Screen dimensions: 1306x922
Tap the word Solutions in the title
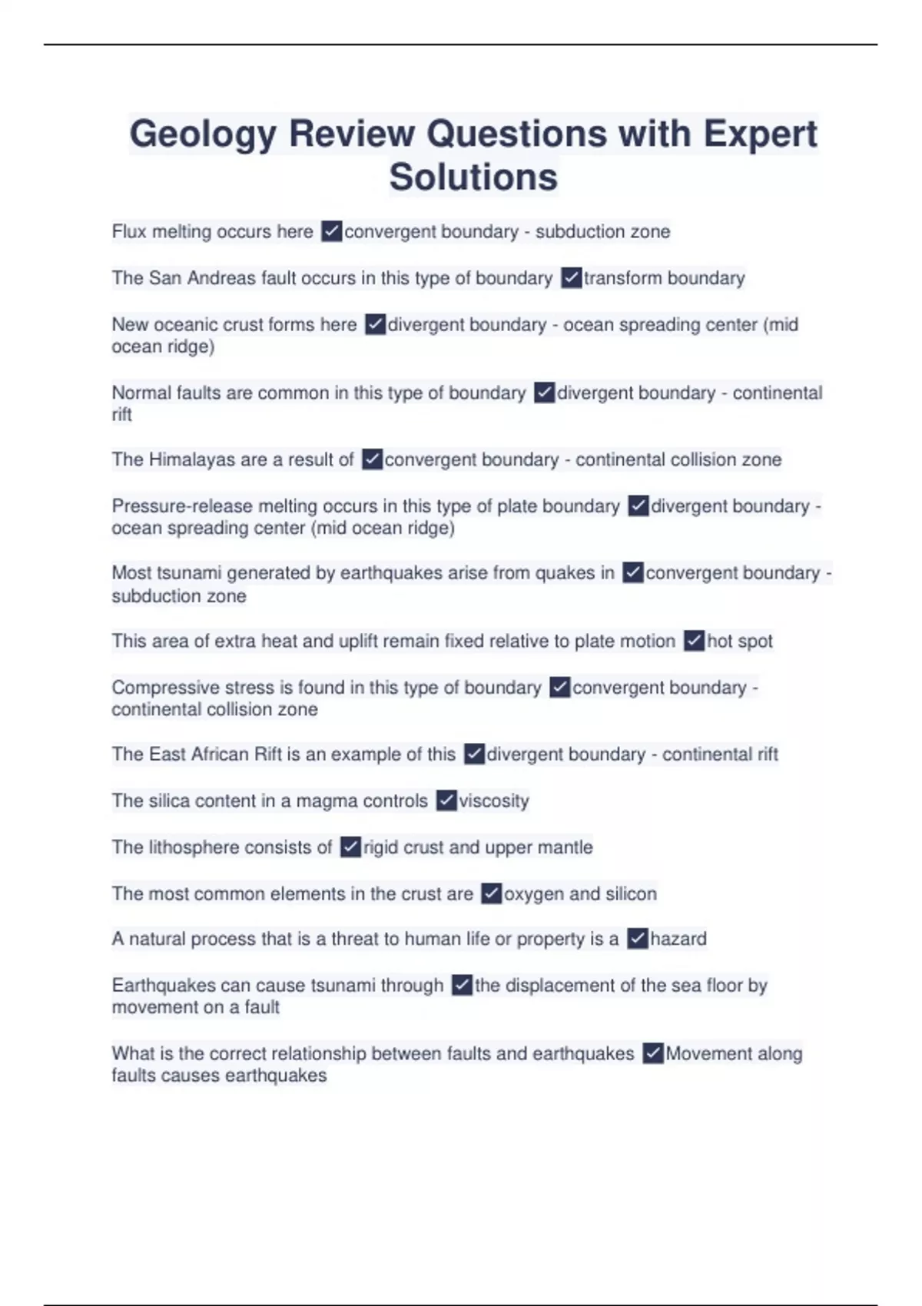click(x=473, y=177)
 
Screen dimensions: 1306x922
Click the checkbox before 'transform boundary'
click(x=571, y=278)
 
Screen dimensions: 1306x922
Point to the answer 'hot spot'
click(x=739, y=641)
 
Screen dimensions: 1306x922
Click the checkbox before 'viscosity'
click(x=446, y=801)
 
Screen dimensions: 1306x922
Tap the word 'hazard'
click(x=678, y=939)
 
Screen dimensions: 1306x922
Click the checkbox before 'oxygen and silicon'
click(x=491, y=893)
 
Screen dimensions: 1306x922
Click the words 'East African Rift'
click(x=215, y=754)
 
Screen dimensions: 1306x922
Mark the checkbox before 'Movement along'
click(x=653, y=1053)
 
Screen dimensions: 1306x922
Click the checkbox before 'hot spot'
click(x=694, y=641)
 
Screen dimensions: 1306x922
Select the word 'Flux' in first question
click(x=129, y=232)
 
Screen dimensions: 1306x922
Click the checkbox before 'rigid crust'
click(x=350, y=847)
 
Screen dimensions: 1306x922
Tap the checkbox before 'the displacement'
click(x=462, y=985)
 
